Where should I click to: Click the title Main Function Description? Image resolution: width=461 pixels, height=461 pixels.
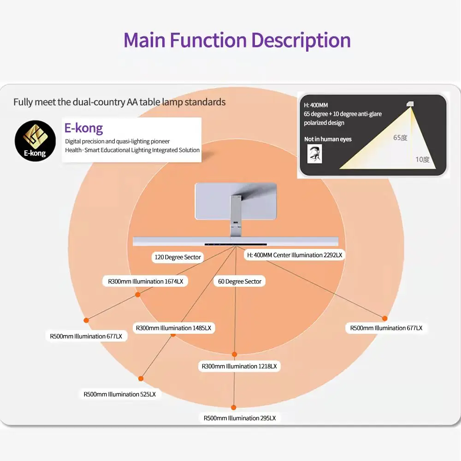tap(237, 40)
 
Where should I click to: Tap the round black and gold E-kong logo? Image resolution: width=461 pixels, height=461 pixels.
tap(35, 141)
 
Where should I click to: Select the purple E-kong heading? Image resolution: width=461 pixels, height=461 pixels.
tap(84, 128)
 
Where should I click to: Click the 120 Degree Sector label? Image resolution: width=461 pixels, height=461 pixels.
tap(177, 257)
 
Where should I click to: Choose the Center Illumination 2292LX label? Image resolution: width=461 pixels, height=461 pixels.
tap(295, 255)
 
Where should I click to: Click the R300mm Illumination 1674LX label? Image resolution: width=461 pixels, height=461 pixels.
tap(145, 281)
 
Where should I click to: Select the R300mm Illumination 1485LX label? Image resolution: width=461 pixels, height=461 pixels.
tap(173, 328)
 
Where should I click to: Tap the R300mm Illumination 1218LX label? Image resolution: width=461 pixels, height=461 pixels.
tap(239, 366)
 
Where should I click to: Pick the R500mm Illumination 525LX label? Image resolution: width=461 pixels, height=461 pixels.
tap(120, 394)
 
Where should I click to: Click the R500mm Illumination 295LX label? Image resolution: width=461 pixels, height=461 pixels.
tap(240, 418)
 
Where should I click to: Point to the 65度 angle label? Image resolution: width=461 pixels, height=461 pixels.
tap(400, 137)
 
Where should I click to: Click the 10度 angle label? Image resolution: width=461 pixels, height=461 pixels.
tap(422, 160)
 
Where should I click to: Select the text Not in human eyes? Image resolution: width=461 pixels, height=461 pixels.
tap(328, 139)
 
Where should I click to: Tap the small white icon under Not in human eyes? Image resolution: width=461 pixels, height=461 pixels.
tap(315, 154)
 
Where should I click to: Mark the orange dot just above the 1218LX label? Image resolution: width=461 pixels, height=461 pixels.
tap(234, 354)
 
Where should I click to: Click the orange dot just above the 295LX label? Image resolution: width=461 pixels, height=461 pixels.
tap(234, 408)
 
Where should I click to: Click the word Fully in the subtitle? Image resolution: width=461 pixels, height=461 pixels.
tap(24, 102)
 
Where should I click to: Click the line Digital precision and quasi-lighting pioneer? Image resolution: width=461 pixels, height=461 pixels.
tap(117, 142)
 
